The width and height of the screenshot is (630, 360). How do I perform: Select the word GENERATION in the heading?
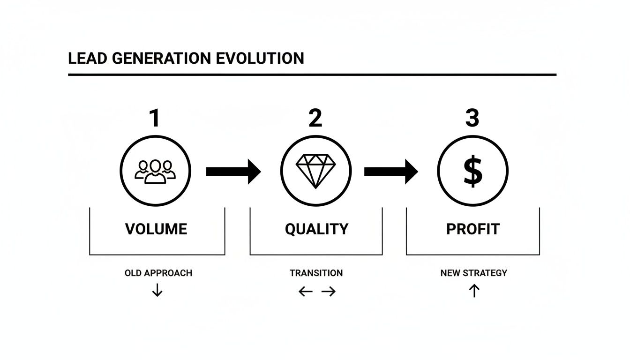click(160, 59)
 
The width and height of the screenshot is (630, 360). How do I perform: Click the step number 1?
click(154, 118)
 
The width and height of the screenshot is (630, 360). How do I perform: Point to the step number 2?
click(315, 118)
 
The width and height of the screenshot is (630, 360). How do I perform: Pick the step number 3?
click(472, 118)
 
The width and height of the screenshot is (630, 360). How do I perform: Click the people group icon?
click(155, 171)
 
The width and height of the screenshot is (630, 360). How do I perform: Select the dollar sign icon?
click(472, 171)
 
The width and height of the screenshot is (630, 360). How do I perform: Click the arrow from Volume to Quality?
click(233, 172)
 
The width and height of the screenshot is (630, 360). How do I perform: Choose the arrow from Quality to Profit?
click(390, 172)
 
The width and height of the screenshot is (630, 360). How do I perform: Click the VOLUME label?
click(156, 229)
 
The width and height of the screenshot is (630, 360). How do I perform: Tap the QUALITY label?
click(316, 229)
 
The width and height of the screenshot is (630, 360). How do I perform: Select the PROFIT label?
click(473, 229)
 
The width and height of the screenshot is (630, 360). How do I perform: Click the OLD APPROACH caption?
click(158, 273)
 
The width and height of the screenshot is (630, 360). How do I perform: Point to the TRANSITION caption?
click(316, 273)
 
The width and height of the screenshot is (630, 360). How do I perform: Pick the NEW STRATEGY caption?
click(473, 273)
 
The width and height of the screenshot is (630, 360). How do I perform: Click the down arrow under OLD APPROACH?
click(157, 291)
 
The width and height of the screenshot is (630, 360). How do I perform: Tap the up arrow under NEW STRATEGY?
click(474, 291)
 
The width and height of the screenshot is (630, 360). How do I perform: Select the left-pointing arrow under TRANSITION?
click(306, 292)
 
